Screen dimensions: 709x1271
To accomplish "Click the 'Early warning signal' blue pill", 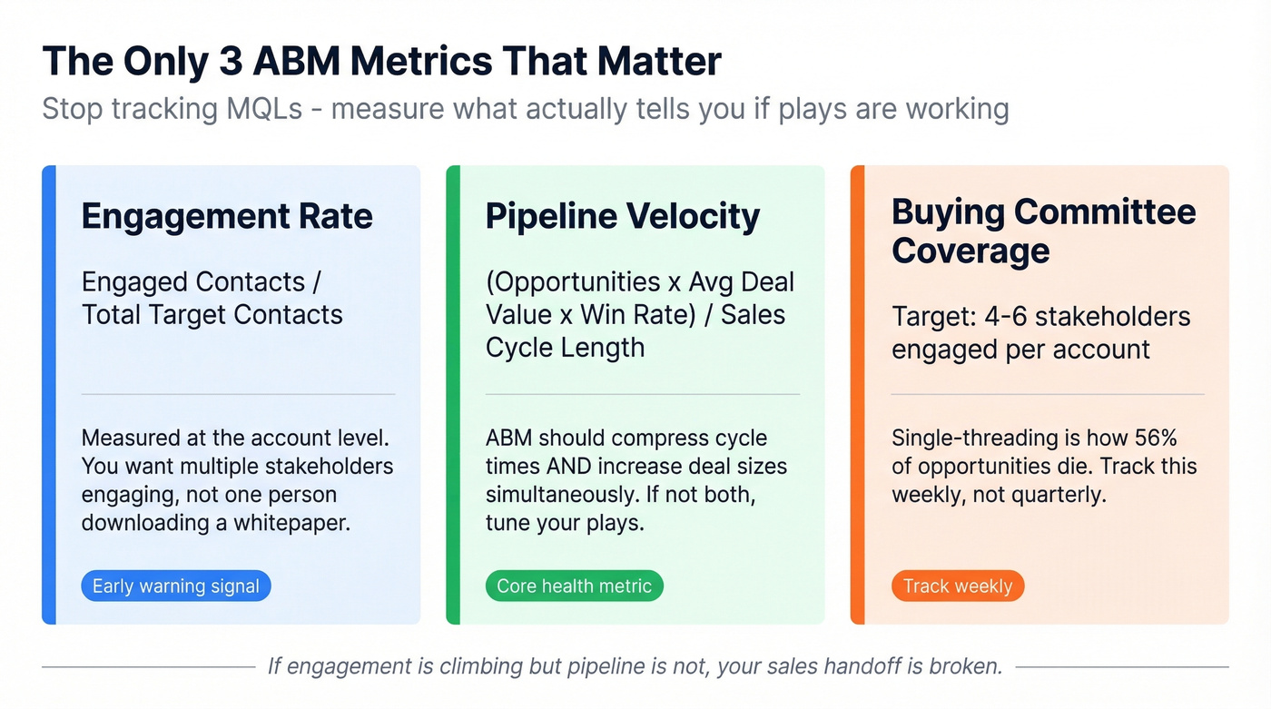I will [x=176, y=586].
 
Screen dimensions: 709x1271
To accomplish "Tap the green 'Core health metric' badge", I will [x=574, y=586].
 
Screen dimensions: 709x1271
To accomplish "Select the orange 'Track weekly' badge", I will [x=957, y=586].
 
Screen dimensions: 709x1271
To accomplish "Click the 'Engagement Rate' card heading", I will [x=227, y=217].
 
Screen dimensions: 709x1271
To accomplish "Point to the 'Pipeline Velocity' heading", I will [x=623, y=217].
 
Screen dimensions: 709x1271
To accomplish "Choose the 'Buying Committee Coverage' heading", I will [x=1043, y=231].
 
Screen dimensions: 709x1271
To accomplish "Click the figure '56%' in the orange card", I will [x=1156, y=438].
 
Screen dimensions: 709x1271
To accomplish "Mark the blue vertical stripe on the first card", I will [x=49, y=395].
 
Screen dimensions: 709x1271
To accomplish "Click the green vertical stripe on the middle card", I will [x=453, y=395].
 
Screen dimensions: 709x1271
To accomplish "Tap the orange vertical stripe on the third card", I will [x=857, y=395].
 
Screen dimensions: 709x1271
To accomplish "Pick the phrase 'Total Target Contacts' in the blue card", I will [x=212, y=315].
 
